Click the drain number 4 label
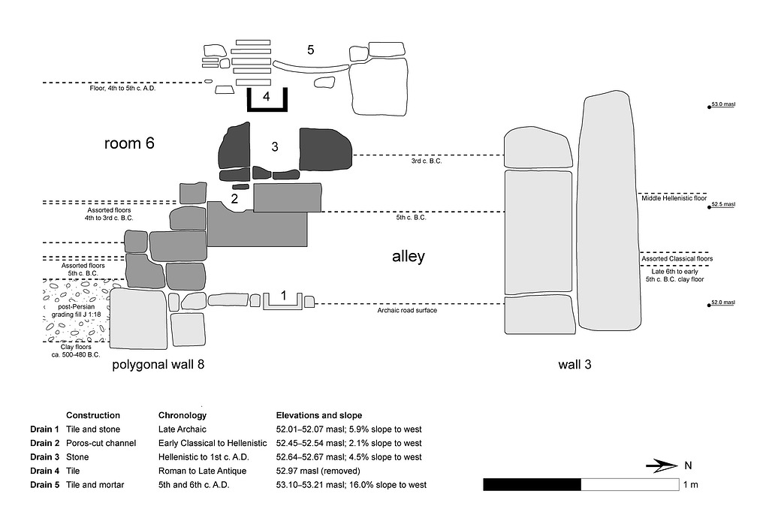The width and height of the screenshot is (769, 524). [x=266, y=97]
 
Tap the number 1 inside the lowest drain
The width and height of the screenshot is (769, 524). [x=283, y=297]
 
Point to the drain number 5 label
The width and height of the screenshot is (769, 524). [x=310, y=50]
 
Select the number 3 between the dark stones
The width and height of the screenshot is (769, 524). [x=275, y=147]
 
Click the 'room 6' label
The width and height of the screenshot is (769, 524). [x=129, y=143]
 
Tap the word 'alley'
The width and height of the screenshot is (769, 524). [x=409, y=256]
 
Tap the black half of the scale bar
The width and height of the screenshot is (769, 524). [x=532, y=484]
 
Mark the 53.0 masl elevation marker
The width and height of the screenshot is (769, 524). [x=722, y=107]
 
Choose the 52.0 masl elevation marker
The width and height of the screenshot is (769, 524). [x=722, y=304]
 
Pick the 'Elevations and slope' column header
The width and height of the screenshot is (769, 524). [x=319, y=415]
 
